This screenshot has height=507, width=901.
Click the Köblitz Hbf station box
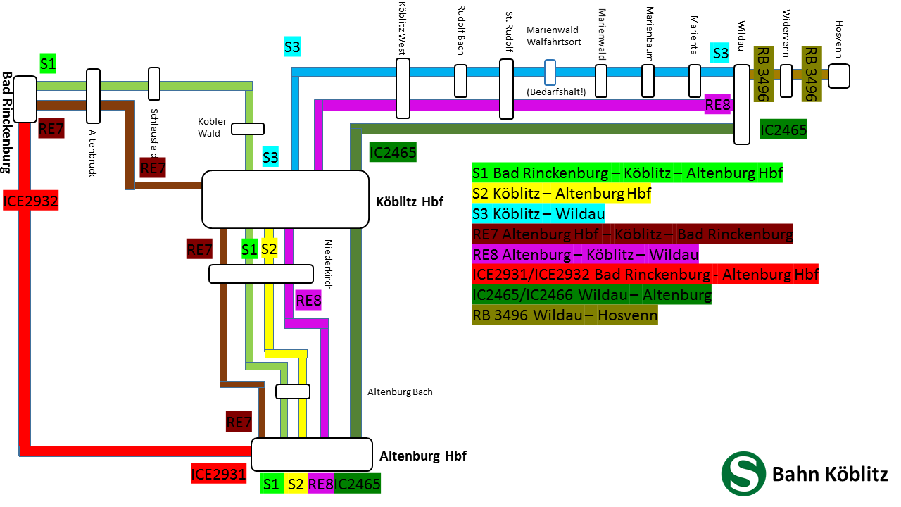pyautogui.click(x=285, y=199)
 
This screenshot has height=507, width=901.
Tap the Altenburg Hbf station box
pyautogui.click(x=311, y=454)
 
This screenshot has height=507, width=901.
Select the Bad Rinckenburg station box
pyautogui.click(x=25, y=99)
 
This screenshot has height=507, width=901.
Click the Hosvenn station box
pyautogui.click(x=838, y=75)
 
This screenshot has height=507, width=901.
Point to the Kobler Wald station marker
pyautogui.click(x=248, y=129)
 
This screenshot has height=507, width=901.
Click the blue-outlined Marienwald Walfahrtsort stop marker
pyautogui.click(x=550, y=72)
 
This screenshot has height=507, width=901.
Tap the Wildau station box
pyautogui.click(x=742, y=105)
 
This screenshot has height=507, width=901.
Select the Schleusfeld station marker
pyautogui.click(x=154, y=84)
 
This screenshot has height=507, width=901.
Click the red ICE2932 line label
pyautogui.click(x=30, y=201)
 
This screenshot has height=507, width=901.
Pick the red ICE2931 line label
pyautogui.click(x=218, y=474)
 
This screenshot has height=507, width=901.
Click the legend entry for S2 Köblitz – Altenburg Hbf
pyautogui.click(x=562, y=193)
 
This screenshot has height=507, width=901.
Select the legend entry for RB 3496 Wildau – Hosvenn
pyautogui.click(x=565, y=315)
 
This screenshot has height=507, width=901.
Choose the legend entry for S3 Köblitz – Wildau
pyautogui.click(x=538, y=213)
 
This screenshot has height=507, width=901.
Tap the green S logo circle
pyautogui.click(x=743, y=473)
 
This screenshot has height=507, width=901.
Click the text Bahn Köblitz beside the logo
pyautogui.click(x=830, y=474)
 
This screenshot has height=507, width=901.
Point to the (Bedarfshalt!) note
pyautogui.click(x=555, y=92)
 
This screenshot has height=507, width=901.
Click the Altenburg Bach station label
pyautogui.click(x=400, y=392)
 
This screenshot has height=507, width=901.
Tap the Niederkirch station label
pyautogui.click(x=327, y=263)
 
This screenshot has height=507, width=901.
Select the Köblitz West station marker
pyautogui.click(x=403, y=88)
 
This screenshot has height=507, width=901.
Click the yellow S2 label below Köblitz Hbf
pyautogui.click(x=269, y=249)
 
